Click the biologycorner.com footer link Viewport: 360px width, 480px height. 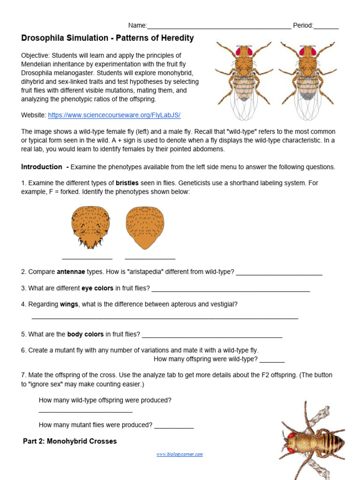180,454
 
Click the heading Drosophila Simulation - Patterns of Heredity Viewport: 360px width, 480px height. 107,38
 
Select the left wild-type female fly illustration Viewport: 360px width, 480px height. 244,77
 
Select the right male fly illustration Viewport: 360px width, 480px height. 307,77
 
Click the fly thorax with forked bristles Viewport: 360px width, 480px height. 90,227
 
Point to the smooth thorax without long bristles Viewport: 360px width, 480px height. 145,227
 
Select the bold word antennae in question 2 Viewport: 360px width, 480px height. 71,272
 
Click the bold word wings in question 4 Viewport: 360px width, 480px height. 69,304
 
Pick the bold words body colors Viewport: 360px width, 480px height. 85,334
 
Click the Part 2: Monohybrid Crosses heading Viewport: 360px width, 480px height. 70,441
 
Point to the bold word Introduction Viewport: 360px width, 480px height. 42,167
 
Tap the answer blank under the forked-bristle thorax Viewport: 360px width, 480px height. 87,258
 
